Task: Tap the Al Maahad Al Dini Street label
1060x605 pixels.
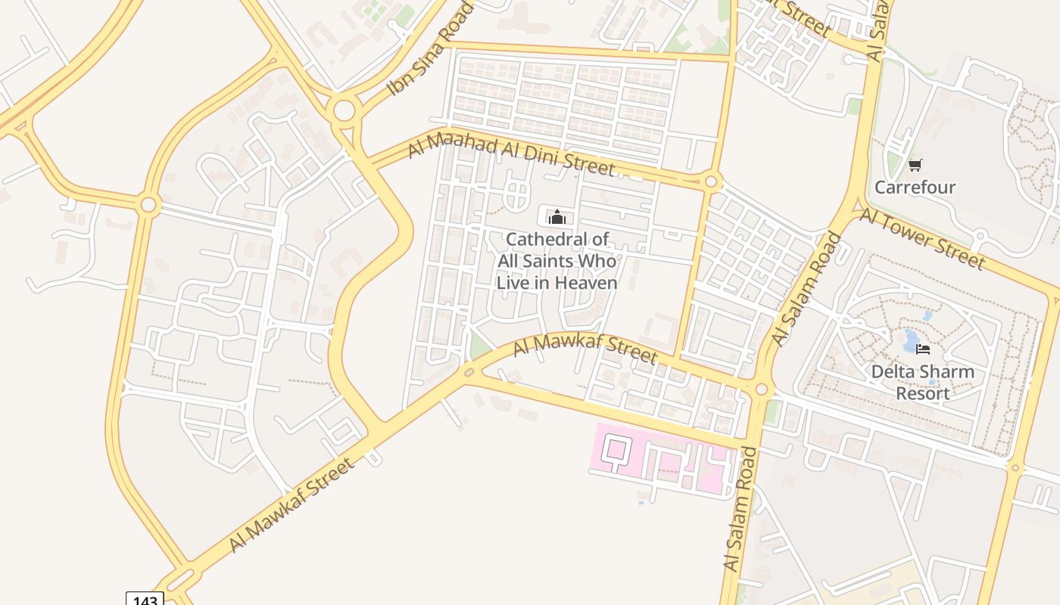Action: coord(510,154)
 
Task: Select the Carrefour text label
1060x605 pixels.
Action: coord(915,187)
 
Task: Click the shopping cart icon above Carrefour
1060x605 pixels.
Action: coord(915,165)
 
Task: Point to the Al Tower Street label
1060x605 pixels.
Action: coord(922,237)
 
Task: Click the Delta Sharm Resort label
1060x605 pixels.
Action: coord(922,383)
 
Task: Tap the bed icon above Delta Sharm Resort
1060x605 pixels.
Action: coord(922,349)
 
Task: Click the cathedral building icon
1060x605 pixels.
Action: coord(557,218)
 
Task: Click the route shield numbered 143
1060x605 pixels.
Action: coord(144,600)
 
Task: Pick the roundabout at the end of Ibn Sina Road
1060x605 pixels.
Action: coord(344,111)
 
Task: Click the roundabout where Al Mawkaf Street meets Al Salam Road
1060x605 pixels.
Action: coord(761,389)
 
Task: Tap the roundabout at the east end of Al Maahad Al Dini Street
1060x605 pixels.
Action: coord(710,181)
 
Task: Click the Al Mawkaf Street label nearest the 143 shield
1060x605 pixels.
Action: coord(291,504)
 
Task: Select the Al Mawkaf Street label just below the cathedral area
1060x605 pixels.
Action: coord(585,349)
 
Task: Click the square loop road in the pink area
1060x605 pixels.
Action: coord(615,450)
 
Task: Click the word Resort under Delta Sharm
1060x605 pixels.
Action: coord(922,393)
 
